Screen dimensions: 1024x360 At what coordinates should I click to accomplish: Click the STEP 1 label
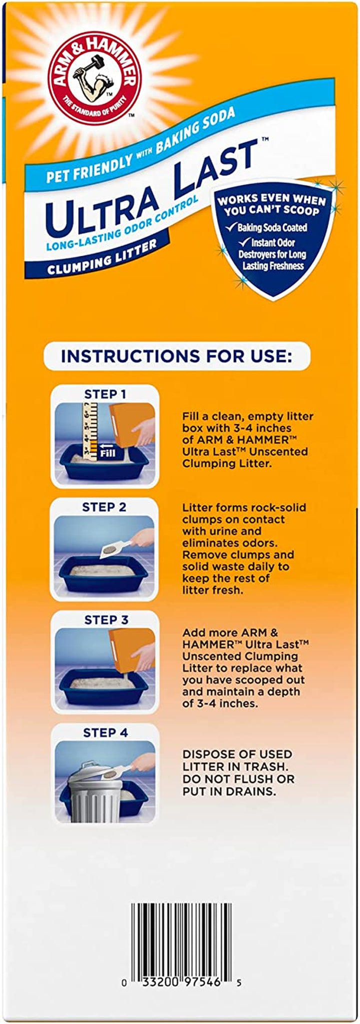[x=104, y=394]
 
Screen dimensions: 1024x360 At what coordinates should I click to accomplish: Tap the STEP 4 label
[x=105, y=733]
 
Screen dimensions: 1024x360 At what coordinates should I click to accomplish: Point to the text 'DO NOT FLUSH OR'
[x=238, y=779]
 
